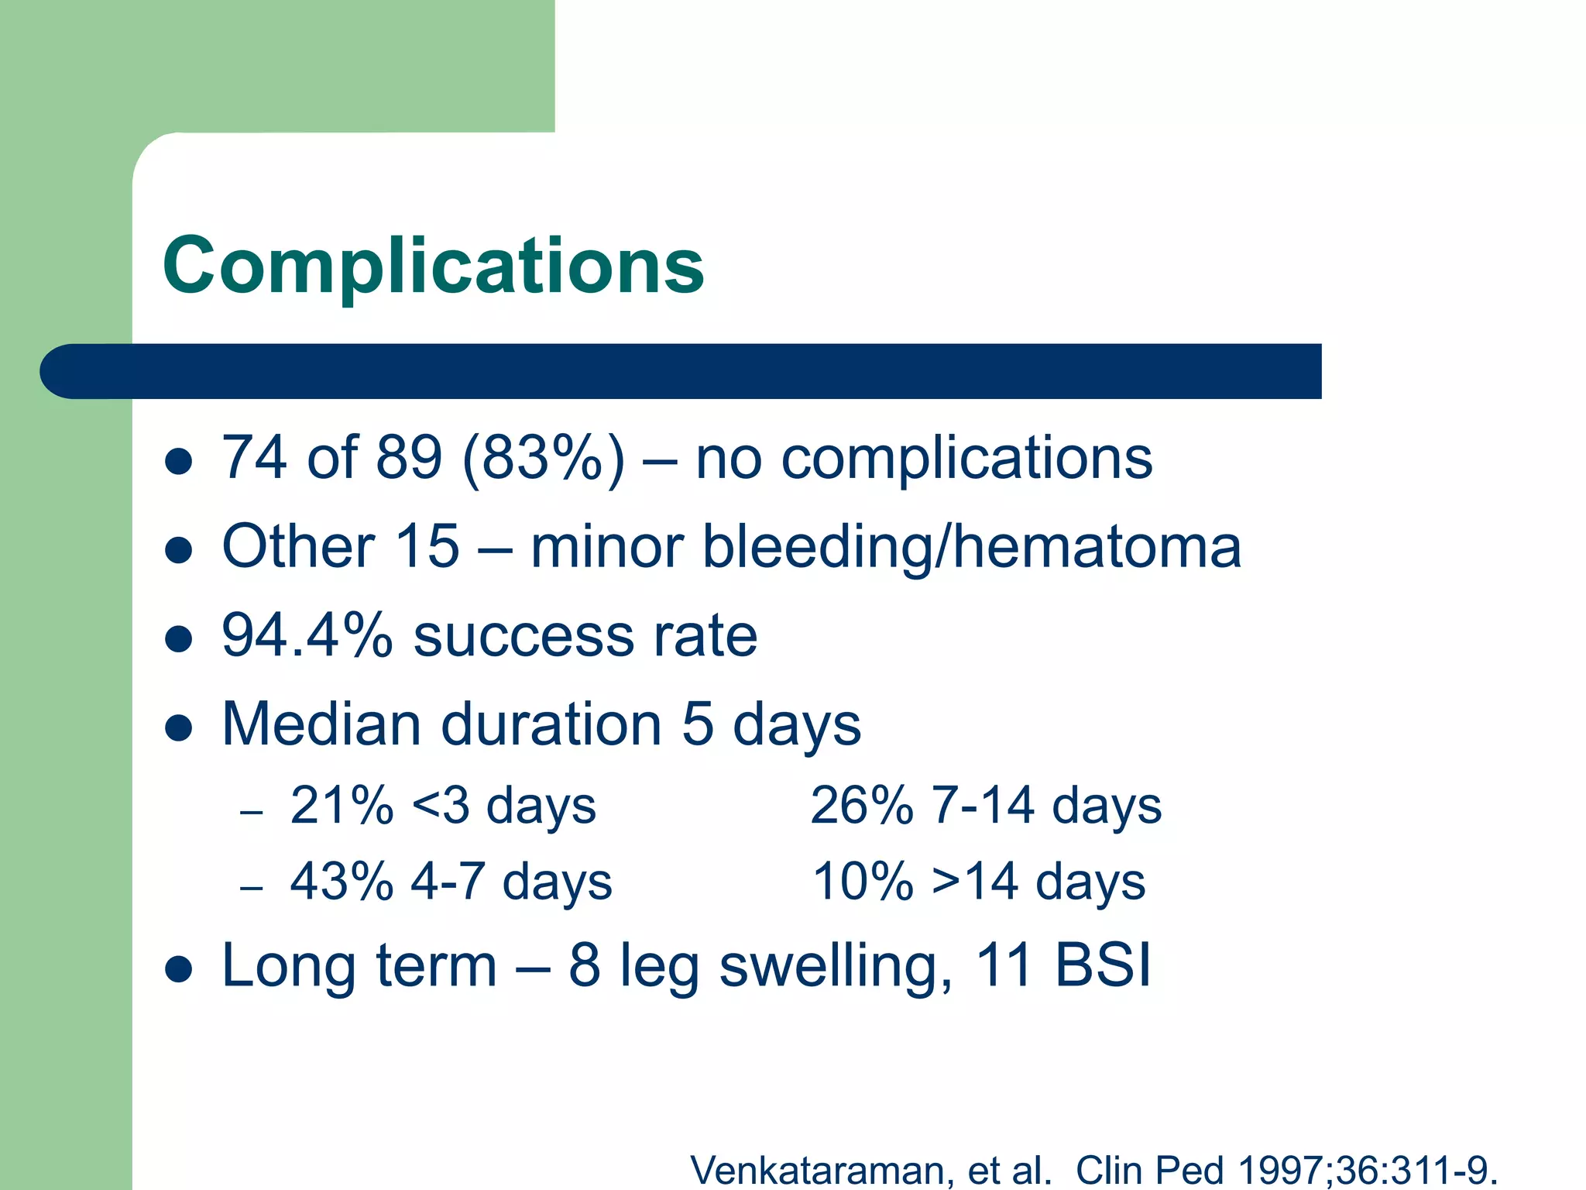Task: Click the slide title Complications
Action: (434, 266)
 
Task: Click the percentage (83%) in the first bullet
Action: (543, 459)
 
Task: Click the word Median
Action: (321, 724)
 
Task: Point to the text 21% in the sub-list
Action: (342, 805)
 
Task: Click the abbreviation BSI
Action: (1102, 965)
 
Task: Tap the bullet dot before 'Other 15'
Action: (179, 551)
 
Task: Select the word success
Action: (524, 636)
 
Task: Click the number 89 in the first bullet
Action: (408, 459)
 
